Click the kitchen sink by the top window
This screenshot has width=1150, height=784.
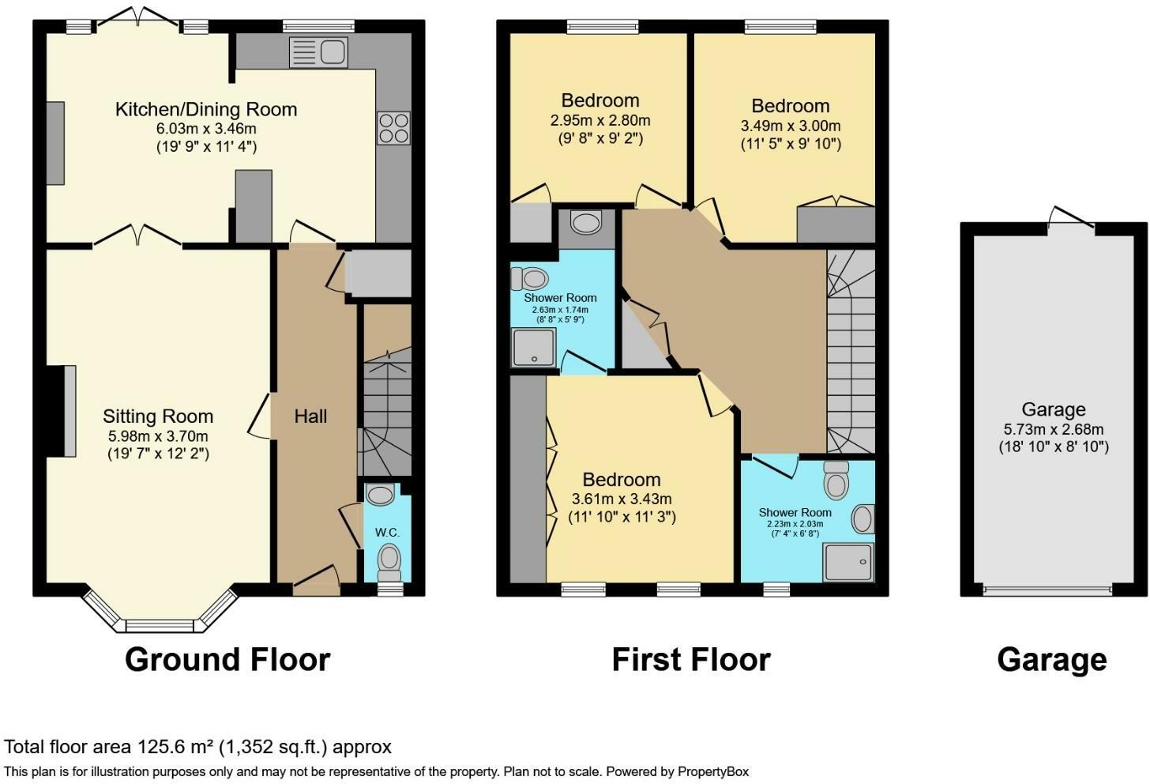pyautogui.click(x=318, y=53)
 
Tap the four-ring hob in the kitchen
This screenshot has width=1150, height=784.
pyautogui.click(x=394, y=128)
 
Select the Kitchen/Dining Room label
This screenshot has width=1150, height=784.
pyautogui.click(x=206, y=109)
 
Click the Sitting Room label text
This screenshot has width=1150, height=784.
pyautogui.click(x=158, y=416)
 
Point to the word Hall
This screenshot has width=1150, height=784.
pyautogui.click(x=310, y=416)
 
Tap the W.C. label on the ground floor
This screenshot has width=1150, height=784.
pyautogui.click(x=387, y=532)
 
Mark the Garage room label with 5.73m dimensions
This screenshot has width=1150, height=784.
pyautogui.click(x=1053, y=409)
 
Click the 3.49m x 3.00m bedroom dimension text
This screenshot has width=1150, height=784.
pyautogui.click(x=790, y=126)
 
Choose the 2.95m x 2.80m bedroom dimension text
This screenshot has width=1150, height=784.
pyautogui.click(x=600, y=121)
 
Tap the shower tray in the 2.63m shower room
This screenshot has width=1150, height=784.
pyautogui.click(x=534, y=348)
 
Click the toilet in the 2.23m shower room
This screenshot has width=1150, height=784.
pyautogui.click(x=836, y=477)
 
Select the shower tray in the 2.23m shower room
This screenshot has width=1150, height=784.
pyautogui.click(x=848, y=562)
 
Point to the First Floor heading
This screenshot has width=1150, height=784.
pyautogui.click(x=690, y=659)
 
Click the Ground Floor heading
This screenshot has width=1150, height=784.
pyautogui.click(x=227, y=659)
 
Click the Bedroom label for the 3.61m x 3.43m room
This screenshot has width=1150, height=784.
pyautogui.click(x=622, y=480)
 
